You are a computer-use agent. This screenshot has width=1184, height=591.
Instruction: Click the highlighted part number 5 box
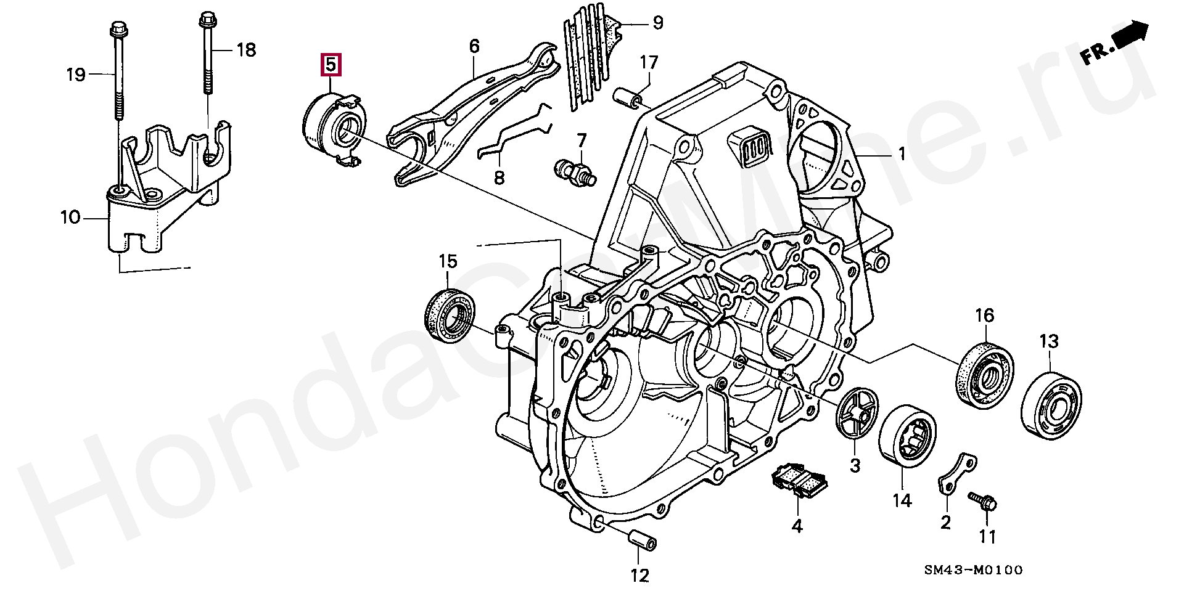[x=330, y=64]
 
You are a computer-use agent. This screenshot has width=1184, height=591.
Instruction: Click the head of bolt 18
[x=205, y=21]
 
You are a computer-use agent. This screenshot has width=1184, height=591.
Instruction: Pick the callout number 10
[x=71, y=217]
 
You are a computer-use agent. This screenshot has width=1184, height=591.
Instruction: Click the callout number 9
[x=657, y=23]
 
